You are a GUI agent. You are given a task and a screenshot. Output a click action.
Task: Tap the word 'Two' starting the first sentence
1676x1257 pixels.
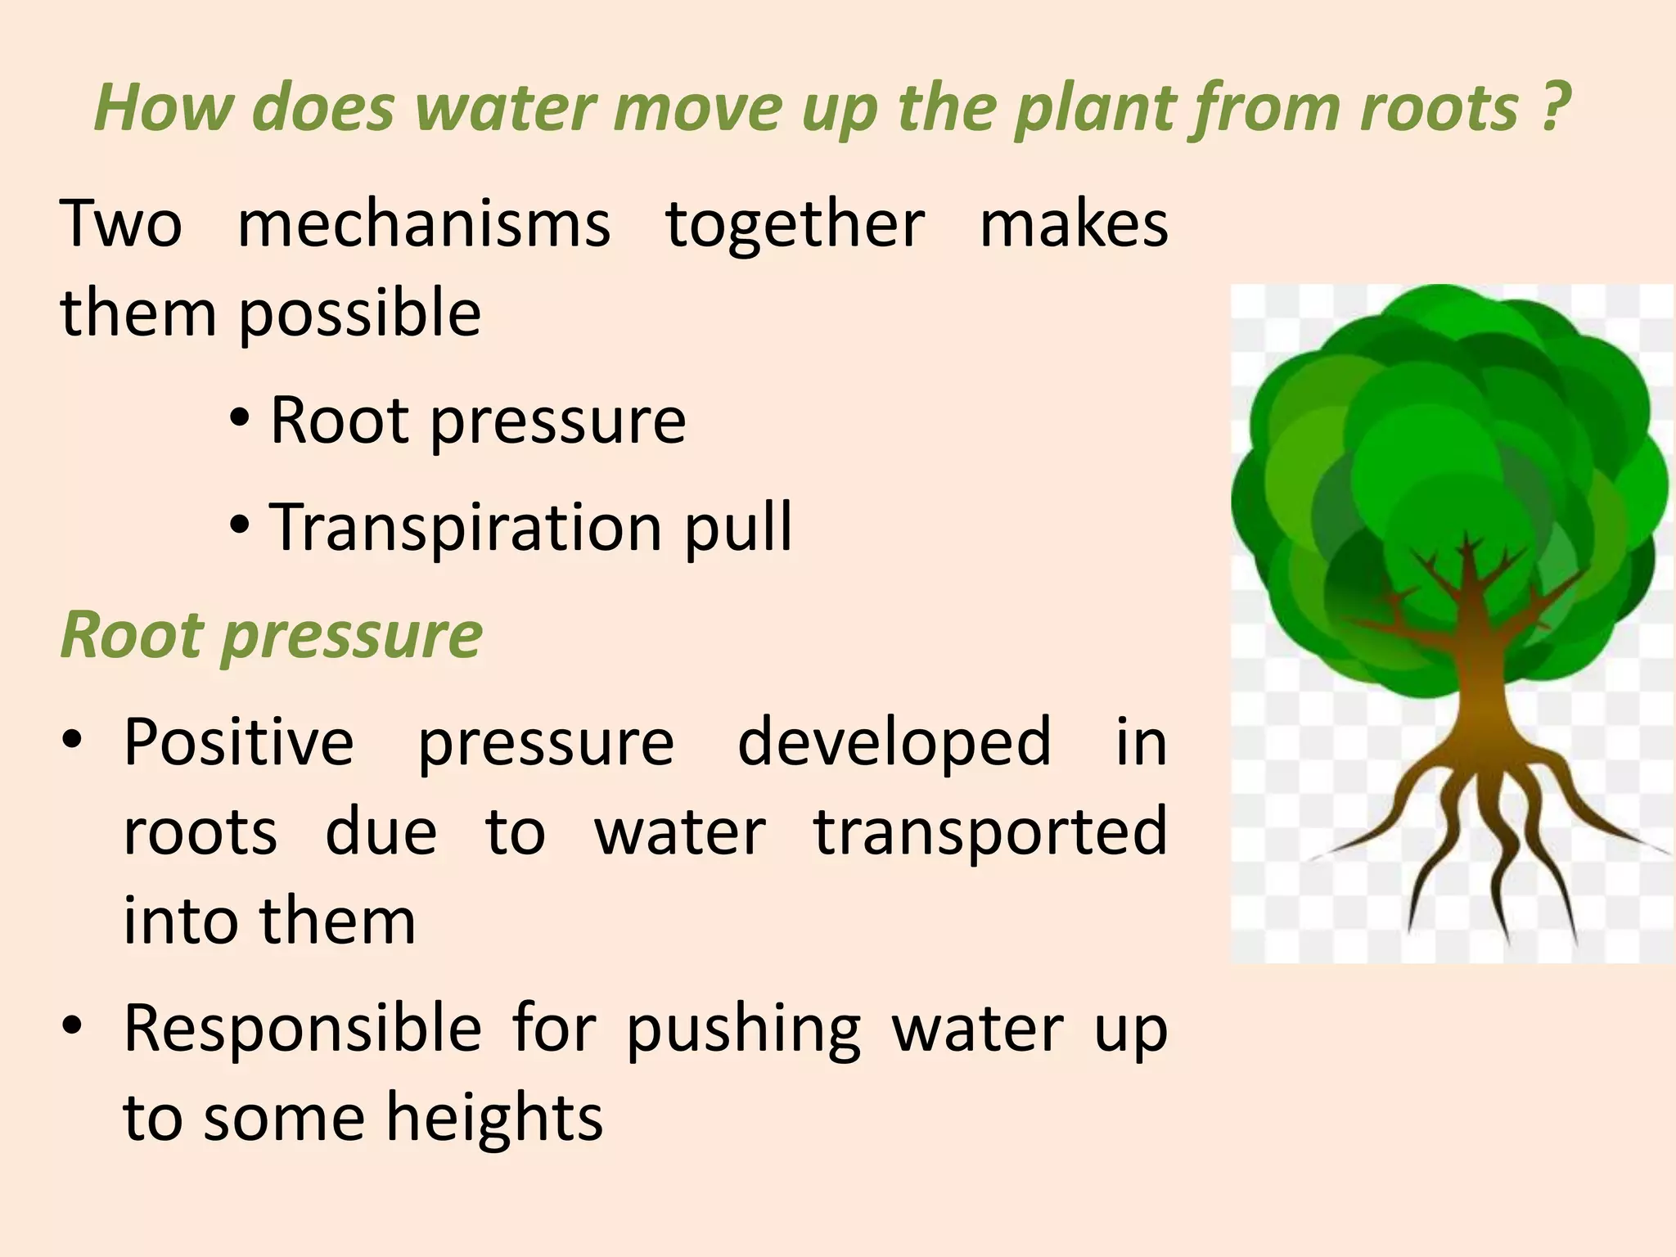pos(121,223)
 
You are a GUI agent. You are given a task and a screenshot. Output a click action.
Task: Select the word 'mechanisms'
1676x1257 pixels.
pos(424,223)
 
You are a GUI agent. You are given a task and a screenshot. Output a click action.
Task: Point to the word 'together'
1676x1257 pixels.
pos(795,223)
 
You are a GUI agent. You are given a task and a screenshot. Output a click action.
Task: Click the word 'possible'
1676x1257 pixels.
pos(359,314)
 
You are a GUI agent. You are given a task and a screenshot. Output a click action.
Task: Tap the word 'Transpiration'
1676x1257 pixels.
pos(466,528)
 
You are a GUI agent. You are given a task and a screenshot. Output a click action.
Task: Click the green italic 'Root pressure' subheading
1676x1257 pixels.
pos(272,635)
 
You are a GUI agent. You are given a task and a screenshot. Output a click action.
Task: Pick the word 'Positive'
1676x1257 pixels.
pos(239,741)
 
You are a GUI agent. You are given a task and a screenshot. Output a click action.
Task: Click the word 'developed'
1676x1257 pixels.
pos(894,741)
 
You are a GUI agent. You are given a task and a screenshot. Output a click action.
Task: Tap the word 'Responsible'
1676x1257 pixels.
pos(303,1028)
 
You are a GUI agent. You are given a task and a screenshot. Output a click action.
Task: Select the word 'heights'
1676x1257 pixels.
pos(494,1118)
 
